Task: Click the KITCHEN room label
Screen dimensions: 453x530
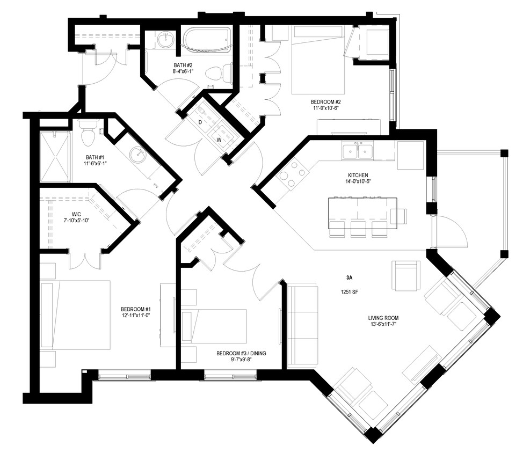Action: tap(358, 176)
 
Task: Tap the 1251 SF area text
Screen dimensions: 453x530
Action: tap(349, 293)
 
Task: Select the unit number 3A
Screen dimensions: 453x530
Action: tap(349, 278)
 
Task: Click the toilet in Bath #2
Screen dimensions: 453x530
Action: tap(221, 72)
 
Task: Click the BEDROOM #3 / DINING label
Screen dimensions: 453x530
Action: tap(241, 357)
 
